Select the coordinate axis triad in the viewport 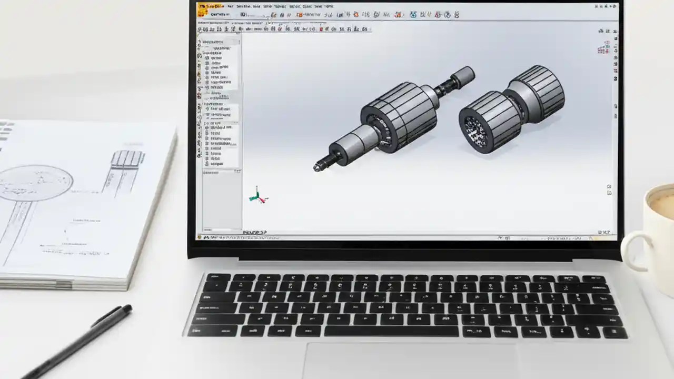coord(257,196)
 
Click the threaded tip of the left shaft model coord(319,166)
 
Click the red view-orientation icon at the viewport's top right coord(603,49)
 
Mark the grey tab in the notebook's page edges coord(64,285)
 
